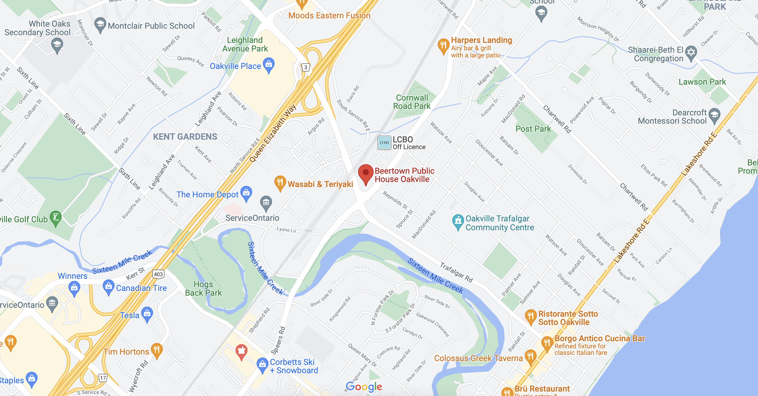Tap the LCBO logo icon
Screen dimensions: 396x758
384,143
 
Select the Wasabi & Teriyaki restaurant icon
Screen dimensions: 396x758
280,183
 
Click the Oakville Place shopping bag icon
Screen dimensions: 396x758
269,65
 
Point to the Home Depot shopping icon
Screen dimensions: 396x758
246,193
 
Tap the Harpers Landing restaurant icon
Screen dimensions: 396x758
443,46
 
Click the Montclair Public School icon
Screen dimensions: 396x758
100,24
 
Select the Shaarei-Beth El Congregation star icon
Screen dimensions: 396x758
691,53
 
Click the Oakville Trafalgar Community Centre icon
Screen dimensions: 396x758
458,221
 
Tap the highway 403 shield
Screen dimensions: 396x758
158,274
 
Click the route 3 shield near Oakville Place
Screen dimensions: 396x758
306,67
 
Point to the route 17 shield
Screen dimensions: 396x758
103,378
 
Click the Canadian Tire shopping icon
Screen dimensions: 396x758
109,286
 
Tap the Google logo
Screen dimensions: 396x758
364,387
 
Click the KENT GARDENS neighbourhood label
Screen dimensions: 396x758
185,136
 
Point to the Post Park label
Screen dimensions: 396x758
533,129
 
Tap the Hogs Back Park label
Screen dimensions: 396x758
203,289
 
